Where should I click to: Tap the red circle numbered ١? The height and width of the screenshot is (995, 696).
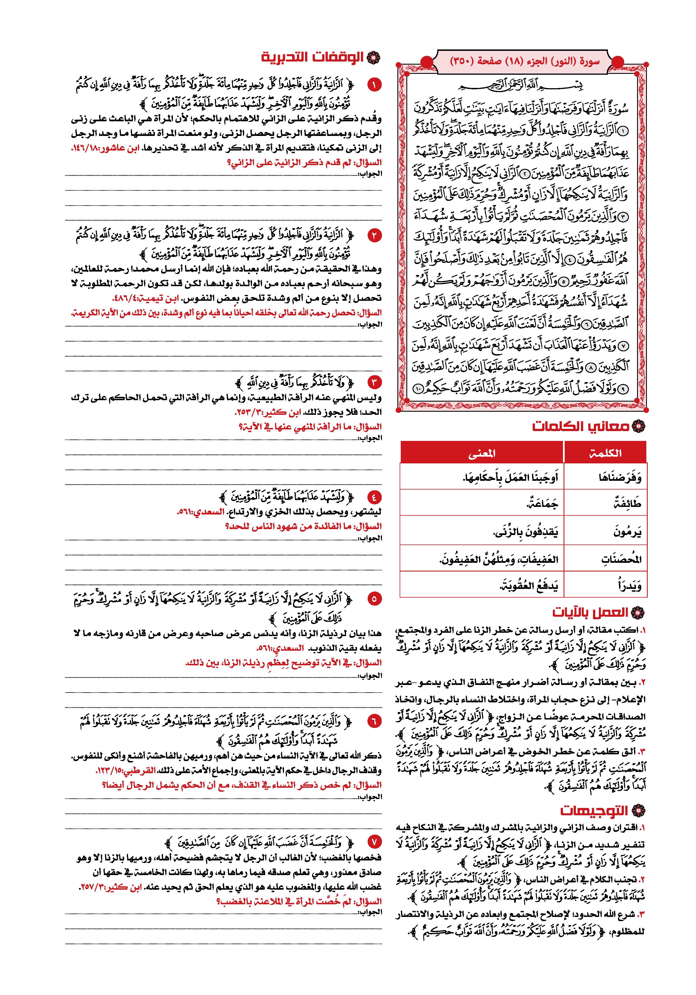(374, 85)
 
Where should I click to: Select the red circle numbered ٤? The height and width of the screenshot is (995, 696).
(374, 496)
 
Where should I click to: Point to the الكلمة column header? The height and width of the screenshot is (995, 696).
(605, 453)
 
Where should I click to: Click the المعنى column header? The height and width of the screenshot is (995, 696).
(482, 453)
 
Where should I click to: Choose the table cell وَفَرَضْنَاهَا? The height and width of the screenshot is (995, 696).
(620, 478)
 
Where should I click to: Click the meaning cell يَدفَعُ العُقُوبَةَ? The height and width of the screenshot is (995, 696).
(528, 586)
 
